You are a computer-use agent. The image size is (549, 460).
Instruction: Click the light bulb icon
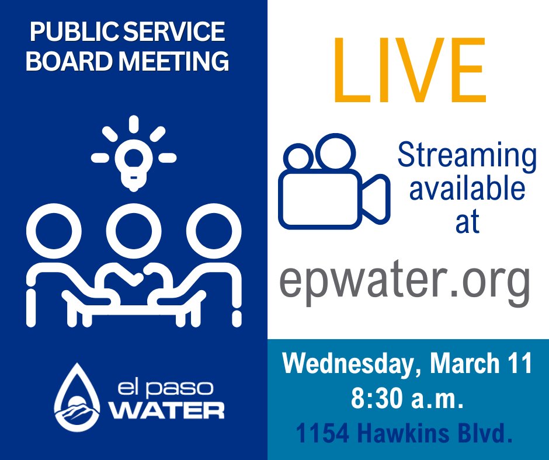(x=134, y=155)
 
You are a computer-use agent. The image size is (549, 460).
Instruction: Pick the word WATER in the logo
(x=168, y=409)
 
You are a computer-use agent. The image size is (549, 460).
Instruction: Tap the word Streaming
(x=467, y=156)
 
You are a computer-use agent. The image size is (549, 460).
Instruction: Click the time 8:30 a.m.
(x=407, y=399)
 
